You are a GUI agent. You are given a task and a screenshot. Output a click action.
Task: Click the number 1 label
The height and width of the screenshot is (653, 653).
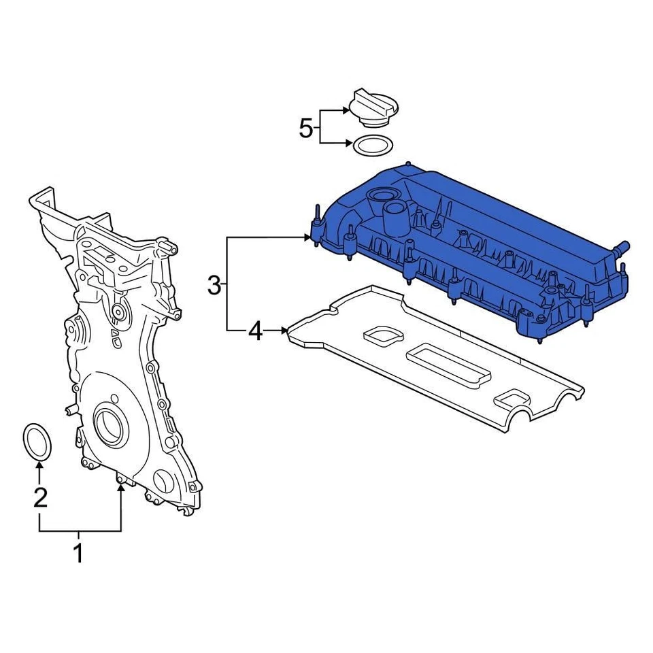(x=78, y=552)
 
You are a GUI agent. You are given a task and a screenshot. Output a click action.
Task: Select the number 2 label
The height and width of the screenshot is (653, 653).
(x=40, y=499)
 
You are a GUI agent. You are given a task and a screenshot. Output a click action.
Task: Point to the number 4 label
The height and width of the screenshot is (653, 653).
(x=254, y=331)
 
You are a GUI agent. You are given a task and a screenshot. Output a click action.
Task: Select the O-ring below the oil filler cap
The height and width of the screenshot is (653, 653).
(x=371, y=145)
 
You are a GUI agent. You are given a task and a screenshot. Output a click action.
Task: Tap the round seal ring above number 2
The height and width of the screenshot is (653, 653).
(x=39, y=440)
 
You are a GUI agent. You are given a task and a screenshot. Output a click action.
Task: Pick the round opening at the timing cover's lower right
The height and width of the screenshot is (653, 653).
(x=165, y=482)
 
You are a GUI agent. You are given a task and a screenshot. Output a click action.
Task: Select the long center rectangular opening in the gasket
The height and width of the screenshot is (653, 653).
(x=449, y=367)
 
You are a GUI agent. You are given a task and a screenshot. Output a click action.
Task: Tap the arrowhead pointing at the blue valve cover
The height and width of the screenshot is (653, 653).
(x=307, y=237)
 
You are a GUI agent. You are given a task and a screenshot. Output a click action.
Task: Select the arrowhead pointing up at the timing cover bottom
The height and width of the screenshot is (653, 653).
(x=121, y=489)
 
